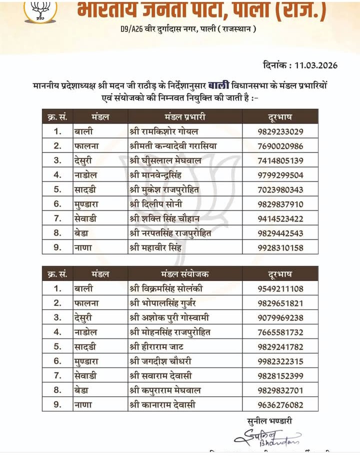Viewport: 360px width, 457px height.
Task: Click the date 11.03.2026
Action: click(316, 65)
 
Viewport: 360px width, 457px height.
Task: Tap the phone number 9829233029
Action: click(281, 132)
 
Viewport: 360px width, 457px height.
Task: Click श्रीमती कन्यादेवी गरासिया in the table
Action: click(173, 146)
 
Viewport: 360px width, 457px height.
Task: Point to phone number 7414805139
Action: click(281, 161)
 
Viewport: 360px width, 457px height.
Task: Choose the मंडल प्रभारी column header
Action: click(185, 117)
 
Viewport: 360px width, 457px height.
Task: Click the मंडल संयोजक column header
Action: click(185, 274)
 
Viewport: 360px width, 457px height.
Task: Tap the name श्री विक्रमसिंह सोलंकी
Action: click(166, 288)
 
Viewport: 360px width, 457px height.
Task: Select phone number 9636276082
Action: click(281, 404)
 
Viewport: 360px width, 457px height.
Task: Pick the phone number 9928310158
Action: click(281, 248)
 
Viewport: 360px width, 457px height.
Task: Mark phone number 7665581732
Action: click(281, 332)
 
